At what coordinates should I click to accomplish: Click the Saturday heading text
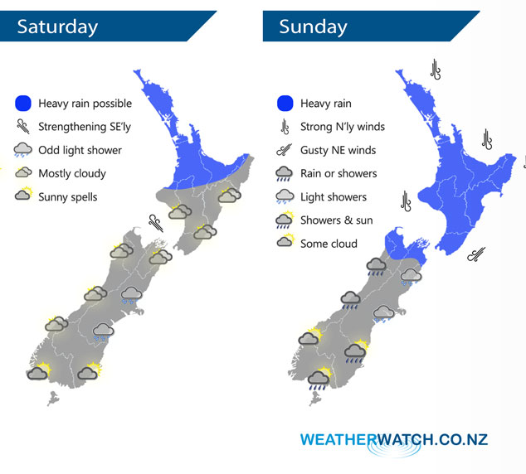pos(57,26)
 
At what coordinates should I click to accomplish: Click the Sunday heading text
pos(313,26)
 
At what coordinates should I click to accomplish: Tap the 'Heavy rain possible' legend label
pos(85,104)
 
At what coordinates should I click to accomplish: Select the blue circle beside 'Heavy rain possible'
pos(23,104)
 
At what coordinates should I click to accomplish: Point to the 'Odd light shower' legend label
pos(80,150)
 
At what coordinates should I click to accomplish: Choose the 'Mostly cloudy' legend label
pos(72,173)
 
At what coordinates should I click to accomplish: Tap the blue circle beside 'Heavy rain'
pos(285,104)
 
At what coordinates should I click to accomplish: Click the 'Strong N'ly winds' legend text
pos(343,127)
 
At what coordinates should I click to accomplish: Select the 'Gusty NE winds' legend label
pos(338,150)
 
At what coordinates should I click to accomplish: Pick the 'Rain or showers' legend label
pos(338,173)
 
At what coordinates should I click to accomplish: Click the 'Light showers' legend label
pos(333,196)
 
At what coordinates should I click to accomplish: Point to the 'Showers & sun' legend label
pos(337,220)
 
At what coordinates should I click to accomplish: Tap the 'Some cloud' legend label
pos(329,244)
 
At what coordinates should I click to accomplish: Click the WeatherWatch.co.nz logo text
pos(394,439)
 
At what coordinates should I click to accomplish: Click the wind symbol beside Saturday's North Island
pos(155,221)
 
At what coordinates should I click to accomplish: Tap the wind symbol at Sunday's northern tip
pos(435,69)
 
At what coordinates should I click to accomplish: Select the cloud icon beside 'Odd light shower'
pos(23,151)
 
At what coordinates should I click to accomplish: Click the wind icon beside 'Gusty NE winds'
pos(285,150)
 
